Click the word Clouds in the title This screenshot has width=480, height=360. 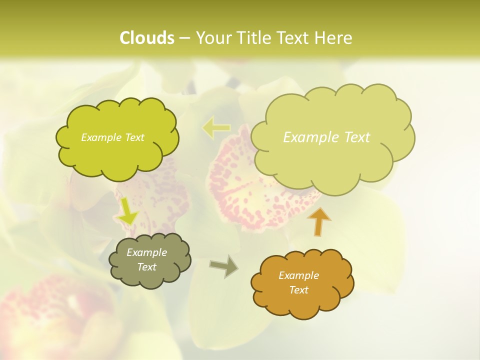(x=147, y=38)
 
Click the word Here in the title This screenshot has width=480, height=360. (x=333, y=38)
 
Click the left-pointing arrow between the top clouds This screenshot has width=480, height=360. (x=216, y=128)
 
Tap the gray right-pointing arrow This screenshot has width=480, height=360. (x=224, y=266)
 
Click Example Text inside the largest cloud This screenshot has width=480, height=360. (x=326, y=137)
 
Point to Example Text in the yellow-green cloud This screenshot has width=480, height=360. (x=112, y=137)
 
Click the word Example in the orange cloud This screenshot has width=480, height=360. (x=298, y=275)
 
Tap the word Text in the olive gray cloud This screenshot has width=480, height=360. (x=146, y=267)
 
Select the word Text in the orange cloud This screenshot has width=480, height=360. (x=298, y=290)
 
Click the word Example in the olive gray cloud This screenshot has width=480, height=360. (x=146, y=252)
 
